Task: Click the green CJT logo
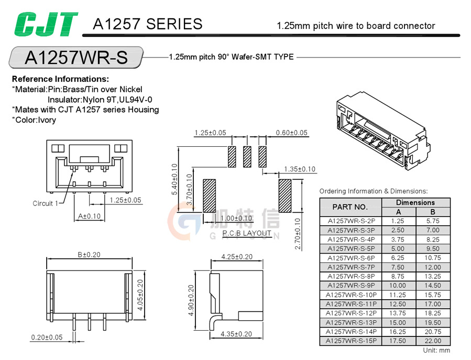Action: pos(46,24)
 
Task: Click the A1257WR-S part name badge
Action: pos(76,57)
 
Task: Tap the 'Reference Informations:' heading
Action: pos(60,79)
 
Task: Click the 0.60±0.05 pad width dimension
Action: pos(291,133)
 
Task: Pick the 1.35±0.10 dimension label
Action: pos(299,169)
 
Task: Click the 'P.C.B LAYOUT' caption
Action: pos(247,233)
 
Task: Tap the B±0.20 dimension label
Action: pos(89,255)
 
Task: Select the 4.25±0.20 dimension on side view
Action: pos(236,257)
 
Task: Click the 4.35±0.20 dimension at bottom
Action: pos(236,334)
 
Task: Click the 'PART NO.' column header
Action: pos(350,207)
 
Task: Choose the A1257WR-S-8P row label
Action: pos(350,276)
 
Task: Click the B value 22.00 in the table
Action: pos(433,341)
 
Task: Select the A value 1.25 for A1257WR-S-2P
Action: pos(398,221)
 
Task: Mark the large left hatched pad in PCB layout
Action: pos(209,196)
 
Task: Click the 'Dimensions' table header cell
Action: pos(415,202)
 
